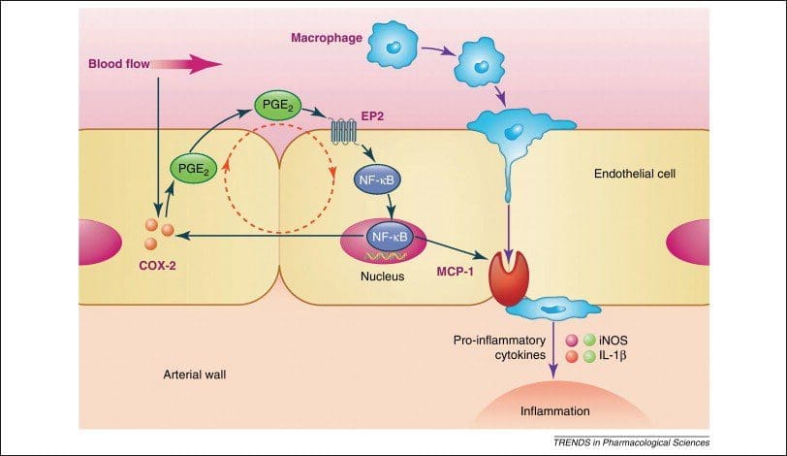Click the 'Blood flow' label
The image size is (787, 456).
click(x=116, y=64)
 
